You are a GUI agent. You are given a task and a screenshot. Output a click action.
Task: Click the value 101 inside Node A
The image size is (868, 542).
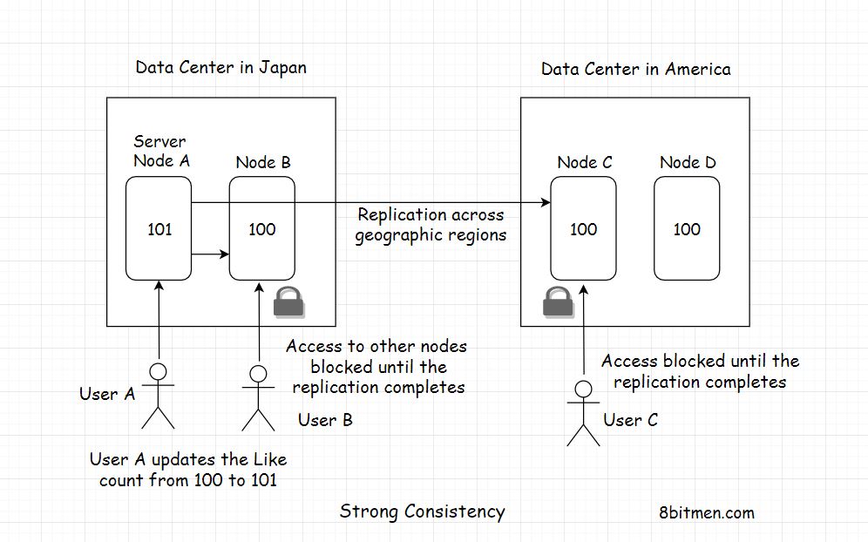click(159, 229)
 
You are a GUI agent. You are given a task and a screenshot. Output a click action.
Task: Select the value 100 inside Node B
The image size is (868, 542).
click(261, 229)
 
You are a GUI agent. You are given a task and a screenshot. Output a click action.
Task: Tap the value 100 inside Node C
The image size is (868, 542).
click(583, 229)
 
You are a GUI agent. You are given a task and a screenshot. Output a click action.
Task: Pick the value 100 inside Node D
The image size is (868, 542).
click(687, 229)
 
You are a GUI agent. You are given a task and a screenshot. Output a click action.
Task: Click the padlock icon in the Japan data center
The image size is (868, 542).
click(289, 301)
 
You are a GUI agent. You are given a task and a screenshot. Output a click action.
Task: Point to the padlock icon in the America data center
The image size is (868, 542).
click(558, 301)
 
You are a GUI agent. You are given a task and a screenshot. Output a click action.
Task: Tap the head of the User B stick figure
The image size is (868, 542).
click(258, 375)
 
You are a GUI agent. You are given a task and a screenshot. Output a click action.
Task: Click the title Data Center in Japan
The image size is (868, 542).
click(220, 68)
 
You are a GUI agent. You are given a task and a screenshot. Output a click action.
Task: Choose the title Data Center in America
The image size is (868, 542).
click(635, 69)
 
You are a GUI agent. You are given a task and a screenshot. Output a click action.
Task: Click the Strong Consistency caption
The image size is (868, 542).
click(422, 512)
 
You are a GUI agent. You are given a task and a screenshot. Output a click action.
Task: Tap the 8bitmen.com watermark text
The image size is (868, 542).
click(707, 512)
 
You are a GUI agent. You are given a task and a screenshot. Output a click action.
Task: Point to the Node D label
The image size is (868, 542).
click(687, 163)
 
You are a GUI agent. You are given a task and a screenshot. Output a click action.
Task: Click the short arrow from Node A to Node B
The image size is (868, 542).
click(210, 254)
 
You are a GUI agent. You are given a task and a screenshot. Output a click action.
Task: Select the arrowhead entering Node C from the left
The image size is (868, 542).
click(546, 203)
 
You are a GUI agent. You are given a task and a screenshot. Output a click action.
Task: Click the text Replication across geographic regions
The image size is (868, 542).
click(431, 225)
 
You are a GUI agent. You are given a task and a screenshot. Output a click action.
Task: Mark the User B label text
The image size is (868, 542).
click(325, 420)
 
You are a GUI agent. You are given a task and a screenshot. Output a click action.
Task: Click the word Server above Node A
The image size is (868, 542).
click(159, 141)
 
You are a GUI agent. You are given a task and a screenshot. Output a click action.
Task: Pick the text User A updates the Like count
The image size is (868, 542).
click(187, 469)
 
